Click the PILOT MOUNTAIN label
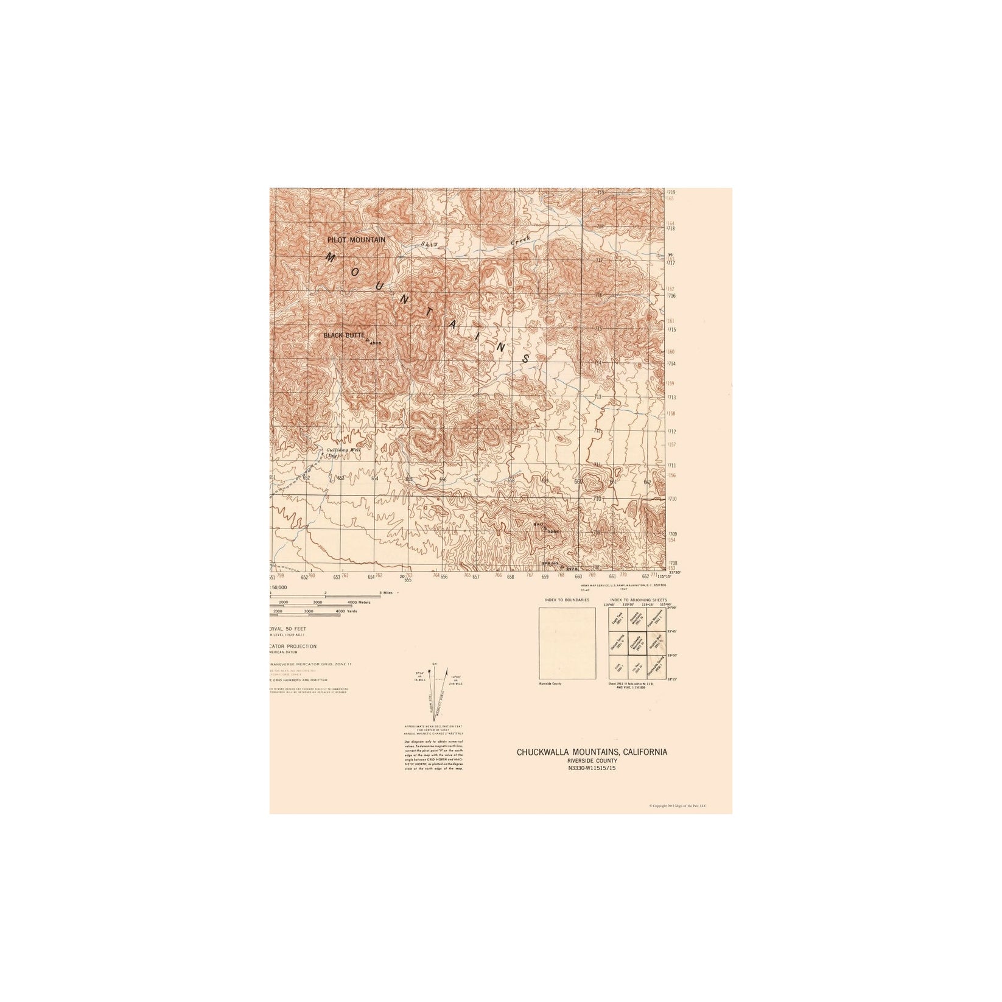(356, 240)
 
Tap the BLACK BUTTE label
(344, 335)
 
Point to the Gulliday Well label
(344, 452)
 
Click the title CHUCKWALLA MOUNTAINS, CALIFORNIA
(592, 752)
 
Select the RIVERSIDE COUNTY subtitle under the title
(592, 761)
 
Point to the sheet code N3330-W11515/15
(592, 768)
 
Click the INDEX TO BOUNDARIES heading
(567, 600)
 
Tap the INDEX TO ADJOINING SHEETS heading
(637, 600)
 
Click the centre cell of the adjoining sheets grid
(636, 643)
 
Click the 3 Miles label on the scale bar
(385, 592)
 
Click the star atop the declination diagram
(430, 671)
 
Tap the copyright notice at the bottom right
(678, 805)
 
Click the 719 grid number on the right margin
(671, 192)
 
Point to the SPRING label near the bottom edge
(550, 564)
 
